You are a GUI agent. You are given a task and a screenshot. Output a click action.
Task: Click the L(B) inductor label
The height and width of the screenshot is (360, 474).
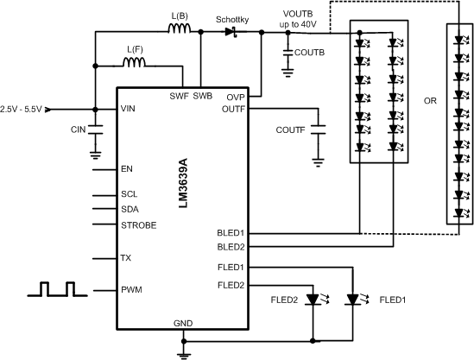180,16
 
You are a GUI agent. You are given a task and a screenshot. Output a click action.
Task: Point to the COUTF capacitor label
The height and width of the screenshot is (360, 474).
292,129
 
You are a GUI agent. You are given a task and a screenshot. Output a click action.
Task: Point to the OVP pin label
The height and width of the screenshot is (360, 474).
236,98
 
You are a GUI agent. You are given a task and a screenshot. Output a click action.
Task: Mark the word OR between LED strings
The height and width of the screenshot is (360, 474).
429,99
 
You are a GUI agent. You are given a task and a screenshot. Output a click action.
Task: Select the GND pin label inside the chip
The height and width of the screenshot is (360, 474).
183,323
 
